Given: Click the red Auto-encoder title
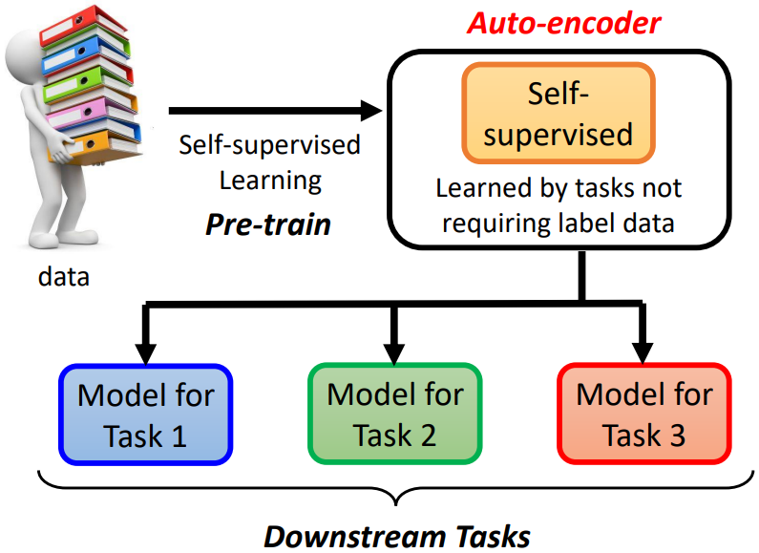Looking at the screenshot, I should pos(563,22).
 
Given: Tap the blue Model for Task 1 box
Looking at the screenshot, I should pos(145,415).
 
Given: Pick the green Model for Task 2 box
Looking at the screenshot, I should pos(393,415).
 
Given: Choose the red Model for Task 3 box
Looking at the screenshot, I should pos(644,415).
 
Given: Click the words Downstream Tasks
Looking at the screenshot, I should pos(396,535).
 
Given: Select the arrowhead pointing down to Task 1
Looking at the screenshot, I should pos(147,351).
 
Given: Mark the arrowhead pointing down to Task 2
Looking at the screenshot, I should pos(393,351).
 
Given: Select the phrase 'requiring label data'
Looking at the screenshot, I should pos(559,224).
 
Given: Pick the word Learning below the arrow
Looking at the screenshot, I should pos(270,180).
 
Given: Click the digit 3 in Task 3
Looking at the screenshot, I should pos(674,436).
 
